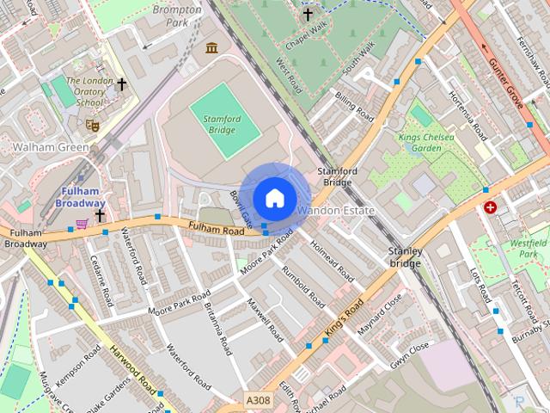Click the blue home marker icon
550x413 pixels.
(x=273, y=198)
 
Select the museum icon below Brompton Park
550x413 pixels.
(x=211, y=48)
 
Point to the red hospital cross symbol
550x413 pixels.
(x=491, y=207)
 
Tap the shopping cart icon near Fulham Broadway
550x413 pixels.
(x=82, y=224)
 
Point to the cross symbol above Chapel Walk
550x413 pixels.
(x=308, y=14)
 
